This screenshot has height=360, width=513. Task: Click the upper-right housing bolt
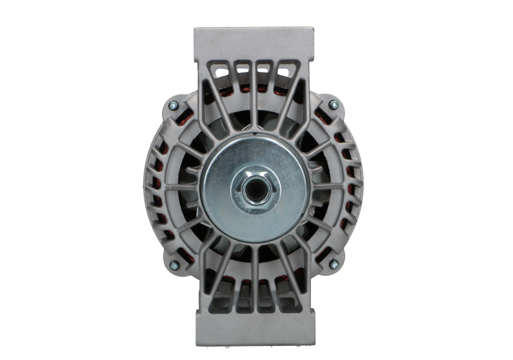332,104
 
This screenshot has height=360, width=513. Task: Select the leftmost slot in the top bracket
224,72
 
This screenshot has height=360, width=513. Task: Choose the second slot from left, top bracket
243,69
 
